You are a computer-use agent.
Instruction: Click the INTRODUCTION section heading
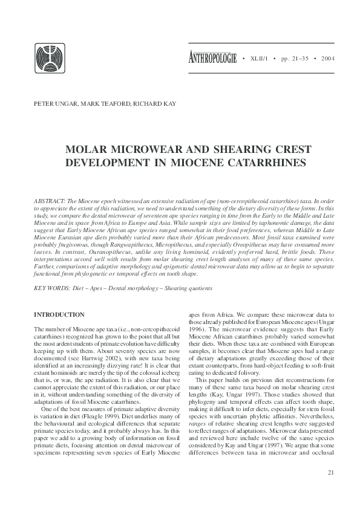[59, 315]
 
